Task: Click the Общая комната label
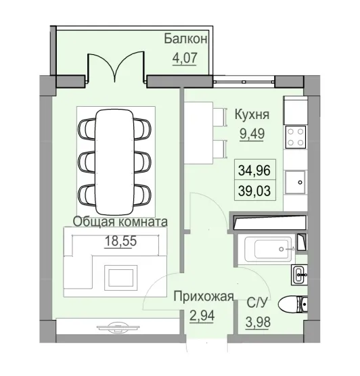coord(120,221)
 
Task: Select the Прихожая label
coord(204,296)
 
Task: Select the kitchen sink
coord(296,181)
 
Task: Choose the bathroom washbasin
coord(299,274)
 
